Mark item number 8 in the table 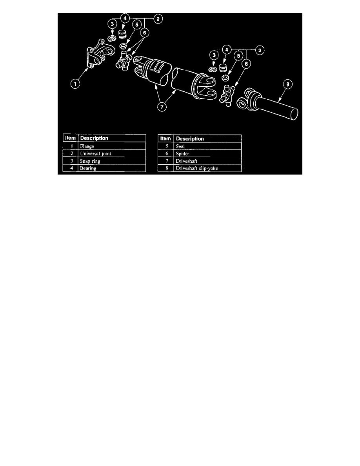click(x=166, y=169)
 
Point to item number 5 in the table click(x=166, y=146)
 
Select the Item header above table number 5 click(x=166, y=138)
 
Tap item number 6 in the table click(x=166, y=154)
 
